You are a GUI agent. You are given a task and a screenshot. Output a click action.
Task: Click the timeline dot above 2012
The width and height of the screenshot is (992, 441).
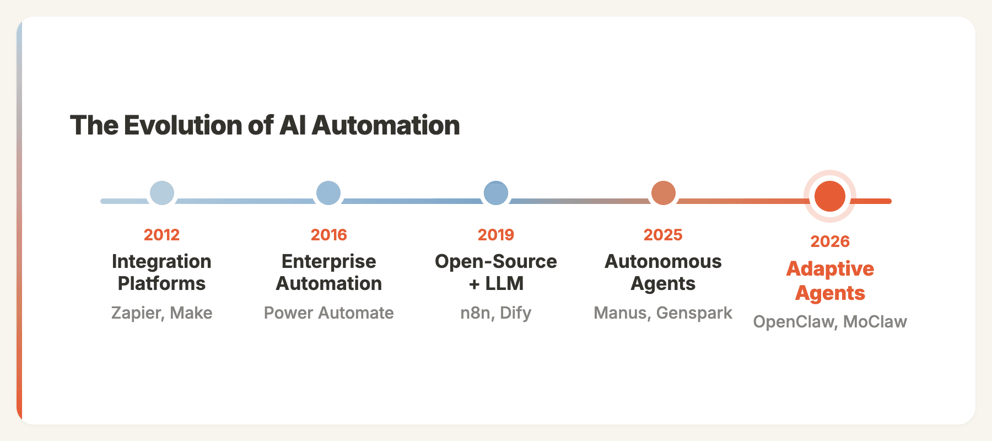coord(162,193)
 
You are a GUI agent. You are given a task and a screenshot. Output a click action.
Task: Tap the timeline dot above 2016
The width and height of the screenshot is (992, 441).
coord(328,193)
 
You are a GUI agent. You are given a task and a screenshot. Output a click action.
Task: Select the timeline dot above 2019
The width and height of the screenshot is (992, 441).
coord(496,193)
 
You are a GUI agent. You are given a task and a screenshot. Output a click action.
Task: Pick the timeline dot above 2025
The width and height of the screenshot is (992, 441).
coord(664,193)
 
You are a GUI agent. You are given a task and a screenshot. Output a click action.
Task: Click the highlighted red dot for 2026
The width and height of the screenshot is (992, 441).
coord(830,196)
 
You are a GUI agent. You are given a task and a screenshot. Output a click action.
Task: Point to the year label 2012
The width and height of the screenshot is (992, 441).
coord(161,235)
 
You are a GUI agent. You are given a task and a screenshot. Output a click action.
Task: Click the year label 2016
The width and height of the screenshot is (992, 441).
coord(329,235)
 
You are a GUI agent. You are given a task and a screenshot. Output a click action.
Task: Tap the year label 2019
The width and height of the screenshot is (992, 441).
coord(496,235)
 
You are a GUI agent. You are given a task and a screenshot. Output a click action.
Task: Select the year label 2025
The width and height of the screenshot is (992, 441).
coord(663,235)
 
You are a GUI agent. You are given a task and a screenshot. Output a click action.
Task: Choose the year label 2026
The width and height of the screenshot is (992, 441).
coord(830,241)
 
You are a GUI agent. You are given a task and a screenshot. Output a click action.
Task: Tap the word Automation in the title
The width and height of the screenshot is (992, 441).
coord(386,126)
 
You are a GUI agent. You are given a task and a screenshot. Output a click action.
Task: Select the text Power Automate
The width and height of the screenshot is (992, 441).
coord(329,313)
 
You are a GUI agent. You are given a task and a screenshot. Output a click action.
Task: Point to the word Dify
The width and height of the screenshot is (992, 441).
coord(516,313)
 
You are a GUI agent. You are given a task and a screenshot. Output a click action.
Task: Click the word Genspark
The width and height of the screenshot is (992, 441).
coord(694,313)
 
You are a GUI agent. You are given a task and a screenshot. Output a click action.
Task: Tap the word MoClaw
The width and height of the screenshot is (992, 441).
coord(875,322)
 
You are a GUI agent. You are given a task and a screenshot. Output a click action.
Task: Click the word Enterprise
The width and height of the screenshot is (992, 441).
coord(329,261)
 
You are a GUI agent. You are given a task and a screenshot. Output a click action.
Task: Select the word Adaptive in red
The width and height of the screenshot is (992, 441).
coord(830,269)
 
